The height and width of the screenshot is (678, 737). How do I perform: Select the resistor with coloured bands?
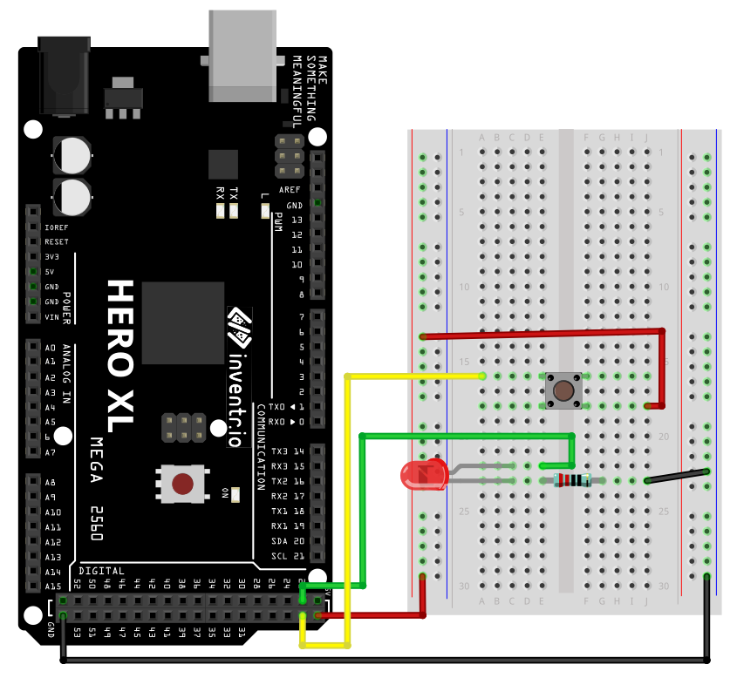coord(572,480)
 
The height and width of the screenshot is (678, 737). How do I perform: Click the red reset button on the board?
coord(182,484)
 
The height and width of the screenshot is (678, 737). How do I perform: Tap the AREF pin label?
coord(290,190)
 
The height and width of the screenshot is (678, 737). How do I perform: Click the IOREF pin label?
coord(56,227)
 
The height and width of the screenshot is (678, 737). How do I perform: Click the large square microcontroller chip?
coord(182,322)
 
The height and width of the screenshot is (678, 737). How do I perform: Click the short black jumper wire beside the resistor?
coord(676,476)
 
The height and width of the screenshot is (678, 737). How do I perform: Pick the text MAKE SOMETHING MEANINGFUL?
coord(310,79)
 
